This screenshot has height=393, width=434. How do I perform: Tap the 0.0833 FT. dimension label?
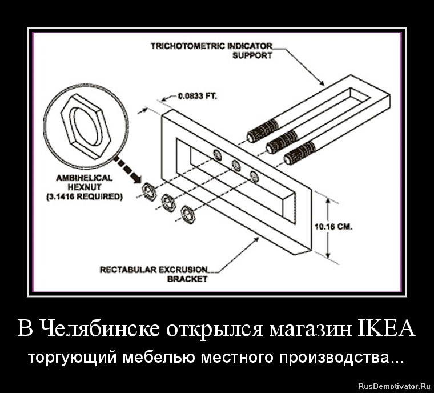coord(198,97)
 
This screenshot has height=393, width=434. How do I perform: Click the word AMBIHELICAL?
coord(84,178)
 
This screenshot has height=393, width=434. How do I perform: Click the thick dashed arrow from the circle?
coord(127,170)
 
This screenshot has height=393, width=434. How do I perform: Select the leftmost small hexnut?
coord(150,191)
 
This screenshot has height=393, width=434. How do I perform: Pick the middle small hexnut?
coord(168,202)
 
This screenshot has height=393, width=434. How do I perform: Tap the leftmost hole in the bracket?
coord(217,154)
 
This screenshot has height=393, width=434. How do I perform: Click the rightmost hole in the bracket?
coord(254,177)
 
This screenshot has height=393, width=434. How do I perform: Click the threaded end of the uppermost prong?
coord(263,131)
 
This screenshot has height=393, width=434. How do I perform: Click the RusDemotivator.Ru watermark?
coord(394,386)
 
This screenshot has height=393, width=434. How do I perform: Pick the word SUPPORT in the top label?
coord(252,56)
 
